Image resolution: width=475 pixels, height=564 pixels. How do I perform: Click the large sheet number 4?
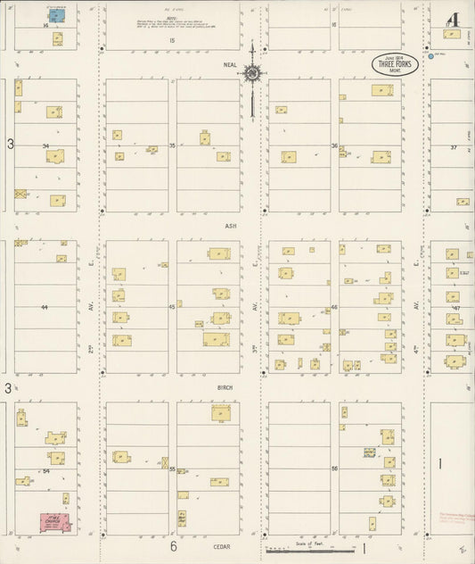coord(453,19)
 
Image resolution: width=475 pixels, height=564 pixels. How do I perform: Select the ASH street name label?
coord(231,227)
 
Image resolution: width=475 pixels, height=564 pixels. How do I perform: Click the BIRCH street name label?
coord(225,388)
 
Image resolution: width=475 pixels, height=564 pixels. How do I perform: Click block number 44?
coord(44,307)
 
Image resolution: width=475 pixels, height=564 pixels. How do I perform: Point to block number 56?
coord(334,469)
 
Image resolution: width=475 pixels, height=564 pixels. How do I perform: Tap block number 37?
coord(454,146)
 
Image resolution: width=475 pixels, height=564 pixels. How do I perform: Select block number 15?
coord(173,40)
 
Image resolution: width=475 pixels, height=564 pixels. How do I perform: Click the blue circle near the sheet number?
coord(430,55)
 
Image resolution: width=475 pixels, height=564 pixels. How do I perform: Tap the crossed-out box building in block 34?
coord(20,193)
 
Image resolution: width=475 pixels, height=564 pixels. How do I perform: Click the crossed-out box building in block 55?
coord(165,462)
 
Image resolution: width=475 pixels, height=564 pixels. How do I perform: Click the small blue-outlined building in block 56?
coord(368,453)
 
